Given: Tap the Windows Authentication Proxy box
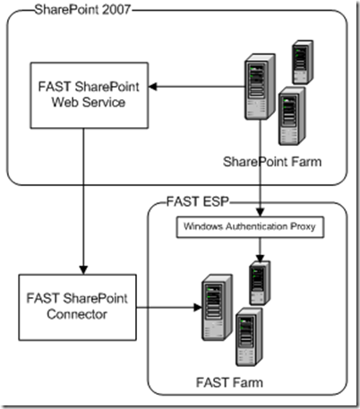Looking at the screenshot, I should [258, 226].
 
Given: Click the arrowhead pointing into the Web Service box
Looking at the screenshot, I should [153, 86].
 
